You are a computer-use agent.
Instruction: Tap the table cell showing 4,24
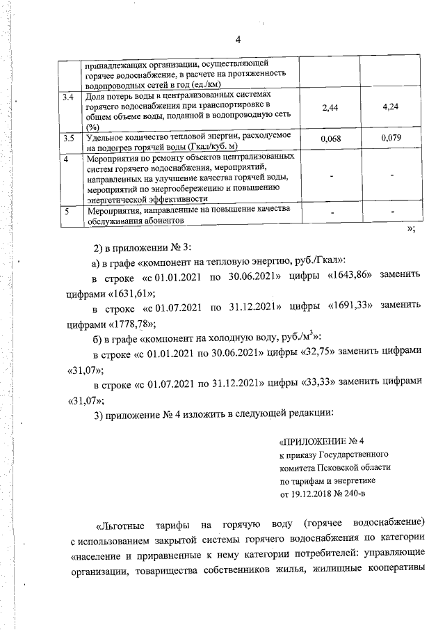coord(393,108)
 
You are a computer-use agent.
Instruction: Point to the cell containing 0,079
coord(393,139)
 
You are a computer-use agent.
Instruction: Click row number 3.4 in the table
coord(68,95)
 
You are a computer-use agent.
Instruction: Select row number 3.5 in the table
coord(68,139)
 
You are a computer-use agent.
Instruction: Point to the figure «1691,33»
coord(355,306)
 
